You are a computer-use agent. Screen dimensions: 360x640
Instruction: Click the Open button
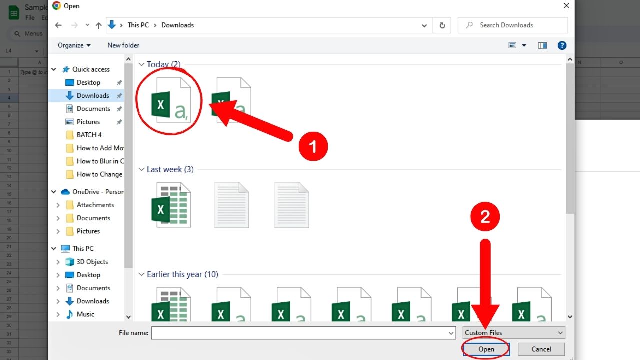click(x=486, y=349)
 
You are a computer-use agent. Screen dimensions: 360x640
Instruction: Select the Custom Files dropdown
click(x=513, y=333)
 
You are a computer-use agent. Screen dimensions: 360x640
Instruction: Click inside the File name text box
click(x=300, y=333)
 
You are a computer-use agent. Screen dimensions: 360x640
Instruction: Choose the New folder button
click(x=123, y=45)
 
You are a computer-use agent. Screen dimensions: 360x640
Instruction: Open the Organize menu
click(x=74, y=45)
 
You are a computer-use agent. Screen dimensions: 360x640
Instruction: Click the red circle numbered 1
click(x=313, y=147)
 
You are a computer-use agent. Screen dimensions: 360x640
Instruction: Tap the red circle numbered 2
click(x=484, y=216)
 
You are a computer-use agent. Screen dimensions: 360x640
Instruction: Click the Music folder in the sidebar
click(x=85, y=314)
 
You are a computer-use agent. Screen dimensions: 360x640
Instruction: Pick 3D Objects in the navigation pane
click(x=92, y=262)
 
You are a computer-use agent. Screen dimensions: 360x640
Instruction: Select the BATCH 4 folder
click(x=89, y=135)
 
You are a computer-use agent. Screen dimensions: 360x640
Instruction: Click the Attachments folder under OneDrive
click(x=95, y=205)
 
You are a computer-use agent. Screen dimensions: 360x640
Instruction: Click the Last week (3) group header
click(x=170, y=169)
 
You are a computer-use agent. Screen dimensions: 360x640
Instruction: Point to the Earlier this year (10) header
click(x=182, y=274)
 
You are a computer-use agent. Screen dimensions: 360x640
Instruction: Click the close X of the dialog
click(x=566, y=6)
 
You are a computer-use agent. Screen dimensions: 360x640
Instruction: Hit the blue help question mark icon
click(x=562, y=45)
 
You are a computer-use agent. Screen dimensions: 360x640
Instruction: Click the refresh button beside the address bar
click(x=442, y=25)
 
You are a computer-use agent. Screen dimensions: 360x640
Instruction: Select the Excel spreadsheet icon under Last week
click(x=171, y=205)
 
